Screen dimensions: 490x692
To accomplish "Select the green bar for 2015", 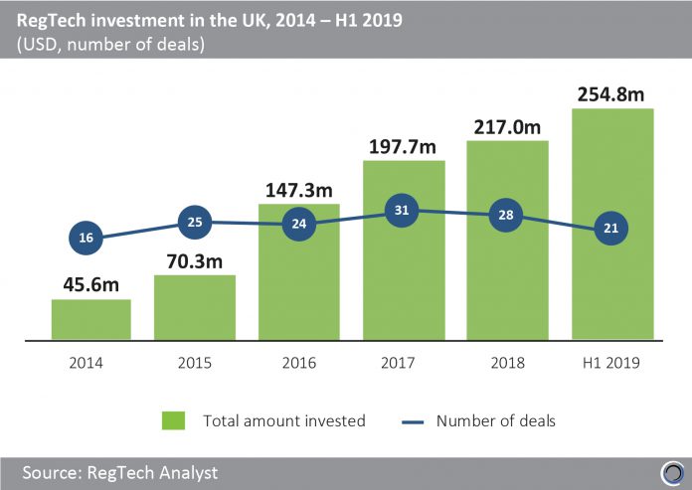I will tap(195, 308).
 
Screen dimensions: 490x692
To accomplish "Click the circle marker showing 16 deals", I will tap(86, 239).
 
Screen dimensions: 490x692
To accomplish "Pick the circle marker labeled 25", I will tap(195, 222).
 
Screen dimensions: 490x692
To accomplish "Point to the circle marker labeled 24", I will tap(299, 225).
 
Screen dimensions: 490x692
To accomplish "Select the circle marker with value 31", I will tap(403, 211).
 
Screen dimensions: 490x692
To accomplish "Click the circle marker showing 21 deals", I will tap(611, 229).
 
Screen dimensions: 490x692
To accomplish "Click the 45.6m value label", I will tap(89, 285).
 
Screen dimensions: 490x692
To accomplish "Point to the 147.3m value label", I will tap(298, 189).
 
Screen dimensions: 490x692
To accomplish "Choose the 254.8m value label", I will tap(611, 94).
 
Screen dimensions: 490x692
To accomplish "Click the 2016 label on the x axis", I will tap(298, 364).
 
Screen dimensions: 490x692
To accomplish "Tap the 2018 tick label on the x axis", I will tap(507, 364).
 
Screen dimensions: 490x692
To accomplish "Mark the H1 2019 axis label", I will tap(611, 364).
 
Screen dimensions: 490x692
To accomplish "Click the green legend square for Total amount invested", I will tap(175, 420).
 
